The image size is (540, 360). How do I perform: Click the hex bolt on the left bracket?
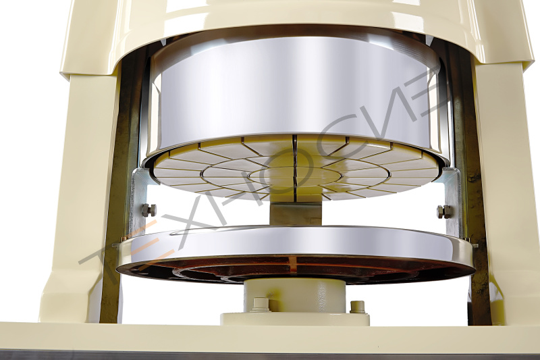coord(148,210)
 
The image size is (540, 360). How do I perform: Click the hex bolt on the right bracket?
coord(443,211)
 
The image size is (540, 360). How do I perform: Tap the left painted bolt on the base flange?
coord(261,305)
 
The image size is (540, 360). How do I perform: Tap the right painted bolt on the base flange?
coord(357,307)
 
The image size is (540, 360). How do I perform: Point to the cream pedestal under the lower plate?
coord(294,297)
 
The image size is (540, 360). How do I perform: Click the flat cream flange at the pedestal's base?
coord(295,319)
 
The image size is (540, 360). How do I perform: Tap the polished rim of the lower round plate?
coord(296,247)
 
